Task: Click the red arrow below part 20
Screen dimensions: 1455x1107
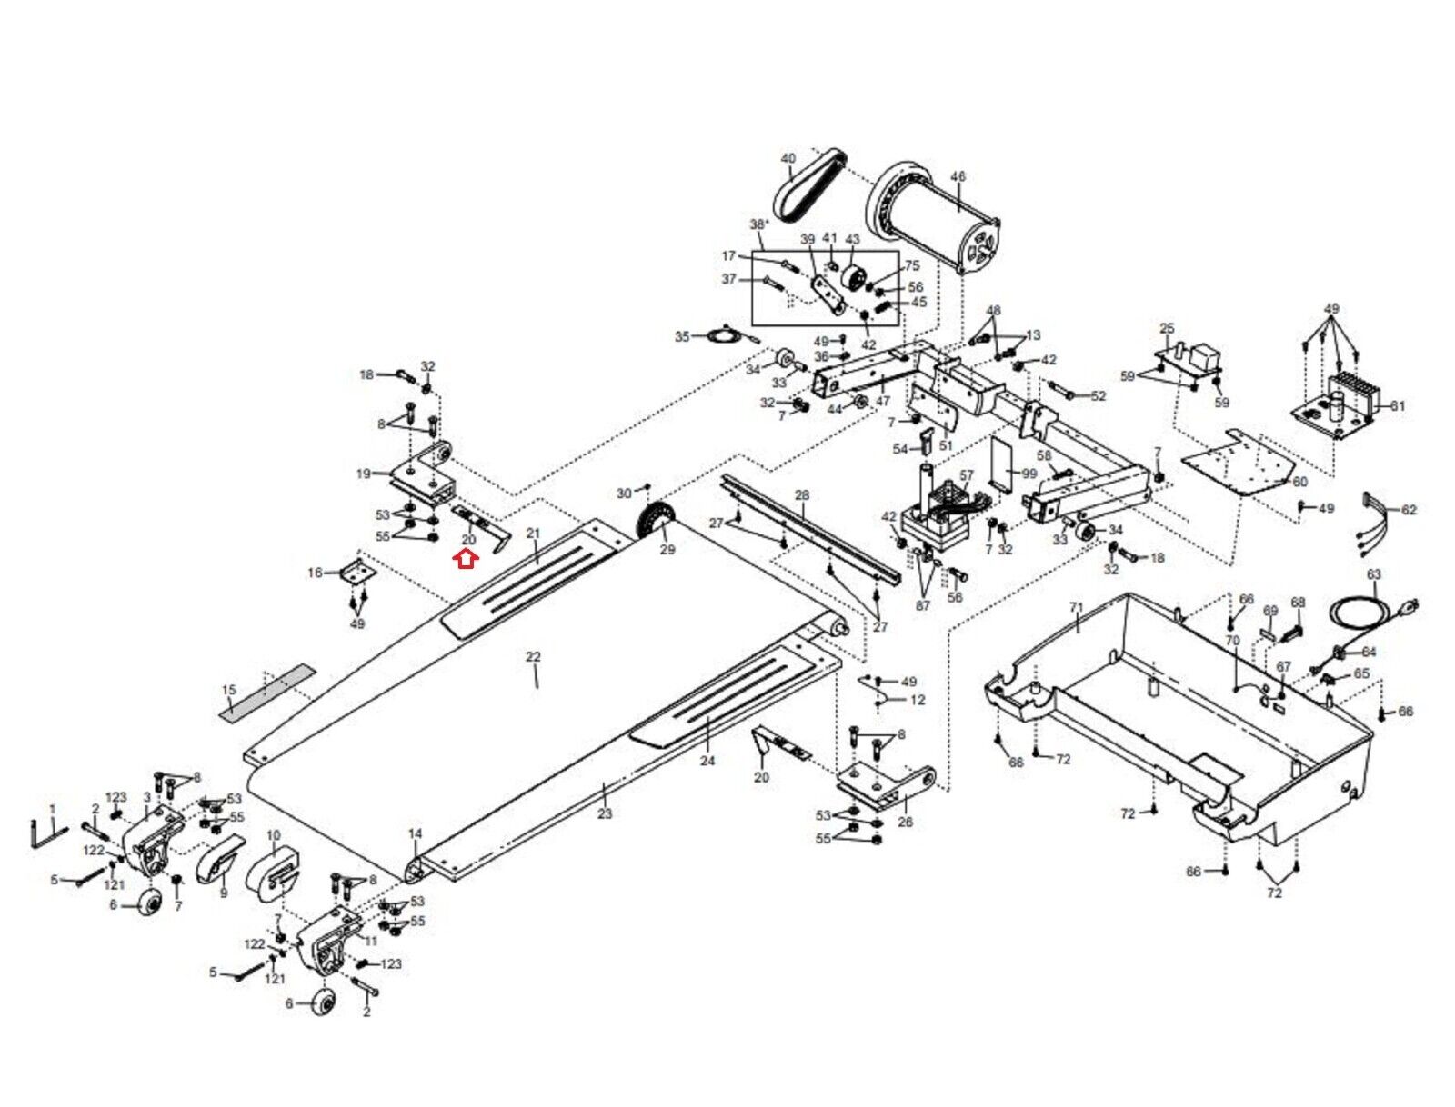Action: [x=466, y=560]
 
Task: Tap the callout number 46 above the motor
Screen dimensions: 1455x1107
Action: [x=958, y=176]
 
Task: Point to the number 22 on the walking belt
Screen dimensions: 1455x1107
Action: [x=533, y=656]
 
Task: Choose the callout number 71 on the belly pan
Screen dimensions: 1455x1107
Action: [x=1076, y=607]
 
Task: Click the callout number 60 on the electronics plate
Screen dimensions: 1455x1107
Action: [x=1299, y=483]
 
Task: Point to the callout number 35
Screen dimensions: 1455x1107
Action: [x=682, y=336]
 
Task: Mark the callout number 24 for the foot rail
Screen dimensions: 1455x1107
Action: [x=707, y=761]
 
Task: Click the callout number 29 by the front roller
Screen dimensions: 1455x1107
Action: [x=667, y=549]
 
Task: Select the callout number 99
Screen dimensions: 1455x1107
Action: [x=1029, y=474]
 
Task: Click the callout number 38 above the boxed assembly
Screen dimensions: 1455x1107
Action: [x=758, y=224]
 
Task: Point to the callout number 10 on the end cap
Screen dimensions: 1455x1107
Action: [x=274, y=835]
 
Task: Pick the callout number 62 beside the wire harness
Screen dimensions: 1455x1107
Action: [x=1409, y=510]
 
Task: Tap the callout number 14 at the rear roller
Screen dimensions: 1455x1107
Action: [x=415, y=833]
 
